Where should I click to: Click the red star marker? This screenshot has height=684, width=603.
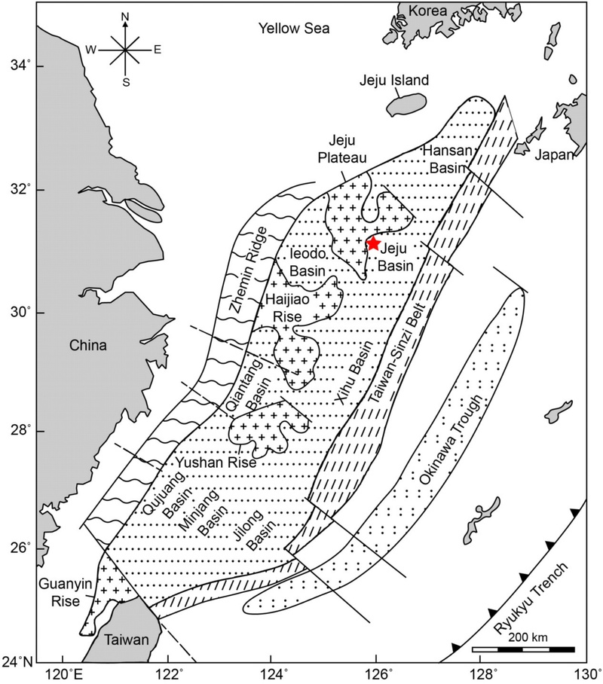coord(372,243)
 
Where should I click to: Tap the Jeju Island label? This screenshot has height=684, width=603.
coord(393,81)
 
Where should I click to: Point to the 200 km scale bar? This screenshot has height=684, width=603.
coord(523,648)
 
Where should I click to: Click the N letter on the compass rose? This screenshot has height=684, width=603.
coord(126,17)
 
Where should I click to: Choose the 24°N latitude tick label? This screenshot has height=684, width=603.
coord(18,662)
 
